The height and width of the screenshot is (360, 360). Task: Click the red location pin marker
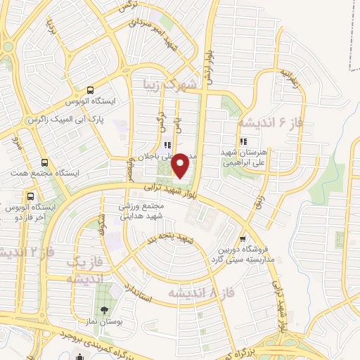pyautogui.click(x=182, y=165)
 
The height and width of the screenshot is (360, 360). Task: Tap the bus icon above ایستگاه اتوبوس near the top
pyautogui.click(x=90, y=90)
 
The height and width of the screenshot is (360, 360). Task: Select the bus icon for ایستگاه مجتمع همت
pyautogui.click(x=45, y=161)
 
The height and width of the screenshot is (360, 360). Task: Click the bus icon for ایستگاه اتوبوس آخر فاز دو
pyautogui.click(x=30, y=196)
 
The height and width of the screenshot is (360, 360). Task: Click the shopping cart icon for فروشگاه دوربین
pyautogui.click(x=243, y=238)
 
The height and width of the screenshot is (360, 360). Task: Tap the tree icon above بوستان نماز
pyautogui.click(x=105, y=310)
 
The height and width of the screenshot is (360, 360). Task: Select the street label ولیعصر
pyautogui.click(x=129, y=169)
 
